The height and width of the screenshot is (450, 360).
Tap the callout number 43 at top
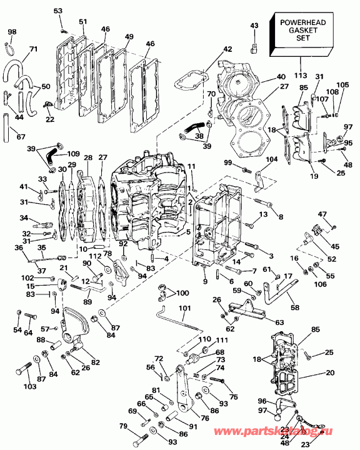coord(254,26)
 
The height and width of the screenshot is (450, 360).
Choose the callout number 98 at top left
coord(12,32)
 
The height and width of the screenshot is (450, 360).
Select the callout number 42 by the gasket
coord(226,49)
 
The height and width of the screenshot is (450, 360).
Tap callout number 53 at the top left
coord(58,11)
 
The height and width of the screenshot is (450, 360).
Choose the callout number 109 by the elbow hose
coord(73,153)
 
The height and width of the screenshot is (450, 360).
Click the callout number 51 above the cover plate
coord(82,22)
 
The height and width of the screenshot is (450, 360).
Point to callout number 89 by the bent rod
coord(87,302)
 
